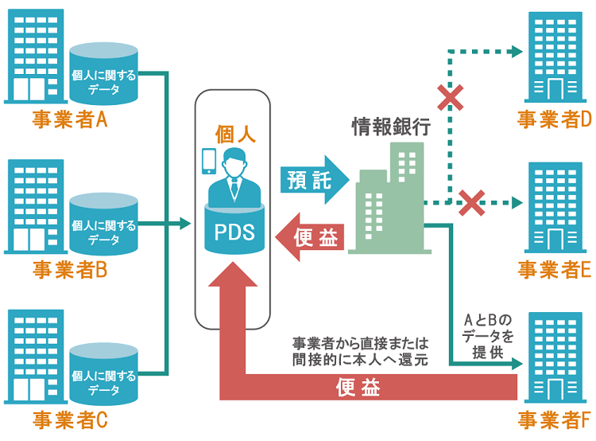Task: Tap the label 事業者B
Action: point(70,270)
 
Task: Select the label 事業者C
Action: point(70,420)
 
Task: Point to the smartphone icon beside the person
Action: point(209,161)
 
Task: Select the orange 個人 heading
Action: point(234,134)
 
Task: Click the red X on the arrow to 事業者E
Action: point(472,202)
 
